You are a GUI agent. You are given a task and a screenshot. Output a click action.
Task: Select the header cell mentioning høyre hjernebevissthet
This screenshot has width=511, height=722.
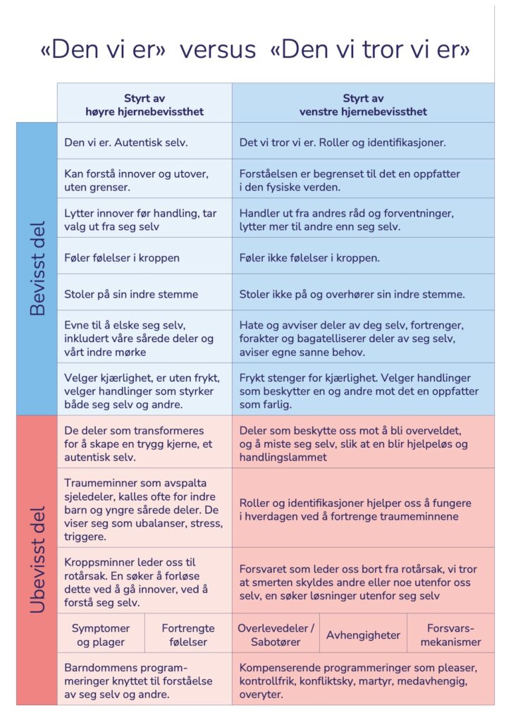144,104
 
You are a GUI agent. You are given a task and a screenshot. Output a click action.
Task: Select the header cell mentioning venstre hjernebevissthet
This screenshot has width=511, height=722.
364,104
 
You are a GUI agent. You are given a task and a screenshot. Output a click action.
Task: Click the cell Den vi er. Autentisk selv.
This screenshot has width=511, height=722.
144,142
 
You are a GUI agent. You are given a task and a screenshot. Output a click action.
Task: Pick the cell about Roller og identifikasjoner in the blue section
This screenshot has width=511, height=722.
363,142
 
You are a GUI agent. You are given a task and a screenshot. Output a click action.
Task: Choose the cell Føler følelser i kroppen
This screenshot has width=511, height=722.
144,257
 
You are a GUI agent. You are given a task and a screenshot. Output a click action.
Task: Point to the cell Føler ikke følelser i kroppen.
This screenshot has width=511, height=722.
363,257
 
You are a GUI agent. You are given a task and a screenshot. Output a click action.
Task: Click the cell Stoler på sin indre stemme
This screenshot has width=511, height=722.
144,294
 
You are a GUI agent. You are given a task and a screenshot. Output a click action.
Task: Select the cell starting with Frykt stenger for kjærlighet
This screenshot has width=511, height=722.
363,391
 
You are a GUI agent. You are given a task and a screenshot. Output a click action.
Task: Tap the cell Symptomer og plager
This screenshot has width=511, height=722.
101,635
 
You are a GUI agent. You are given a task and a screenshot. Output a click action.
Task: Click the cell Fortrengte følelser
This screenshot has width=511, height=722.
188,635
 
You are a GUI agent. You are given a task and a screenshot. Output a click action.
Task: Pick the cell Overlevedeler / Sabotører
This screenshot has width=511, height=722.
276,635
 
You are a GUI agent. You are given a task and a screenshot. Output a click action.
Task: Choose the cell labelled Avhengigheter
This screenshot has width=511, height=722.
363,635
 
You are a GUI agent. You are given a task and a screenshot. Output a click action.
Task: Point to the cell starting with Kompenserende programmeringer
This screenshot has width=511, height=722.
363,680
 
